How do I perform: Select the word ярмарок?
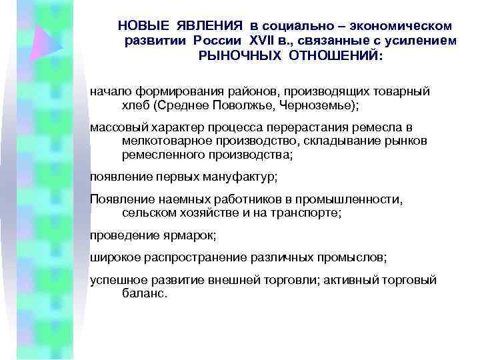coord(193,236)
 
